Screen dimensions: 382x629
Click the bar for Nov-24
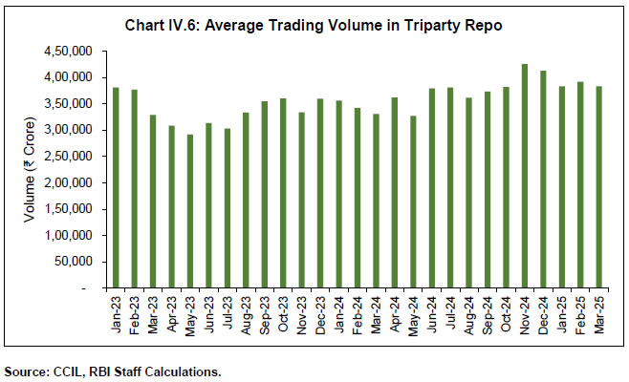click(x=525, y=176)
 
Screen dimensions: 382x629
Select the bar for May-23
click(x=189, y=210)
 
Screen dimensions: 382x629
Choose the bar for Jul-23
click(x=227, y=207)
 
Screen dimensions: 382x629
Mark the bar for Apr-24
click(x=395, y=192)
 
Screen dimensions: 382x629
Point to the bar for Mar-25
click(x=599, y=186)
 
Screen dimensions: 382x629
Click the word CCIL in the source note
click(x=63, y=371)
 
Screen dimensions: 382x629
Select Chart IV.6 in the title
click(x=159, y=25)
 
